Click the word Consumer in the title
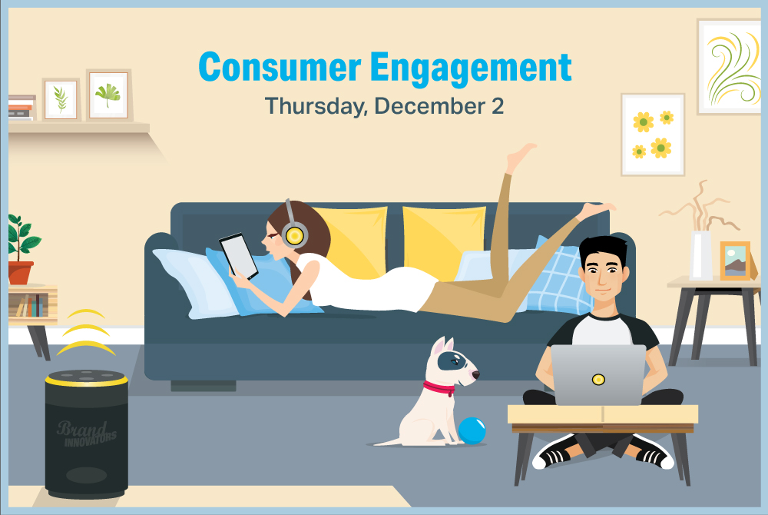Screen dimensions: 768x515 (x=280, y=67)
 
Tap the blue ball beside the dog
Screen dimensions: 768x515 (x=472, y=430)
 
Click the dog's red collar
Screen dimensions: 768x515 (x=439, y=389)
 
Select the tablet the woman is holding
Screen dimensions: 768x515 (x=239, y=256)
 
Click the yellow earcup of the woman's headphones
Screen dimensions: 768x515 (x=295, y=236)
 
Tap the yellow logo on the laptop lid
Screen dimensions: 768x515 (x=598, y=379)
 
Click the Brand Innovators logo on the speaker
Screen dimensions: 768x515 (x=87, y=434)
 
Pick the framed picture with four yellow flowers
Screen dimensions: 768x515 (x=652, y=135)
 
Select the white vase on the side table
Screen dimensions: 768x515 (x=701, y=255)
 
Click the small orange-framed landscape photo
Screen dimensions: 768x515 (x=735, y=261)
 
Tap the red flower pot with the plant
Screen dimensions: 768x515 (x=21, y=273)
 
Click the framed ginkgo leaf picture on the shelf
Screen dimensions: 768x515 (x=109, y=95)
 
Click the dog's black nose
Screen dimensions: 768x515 (x=475, y=375)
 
